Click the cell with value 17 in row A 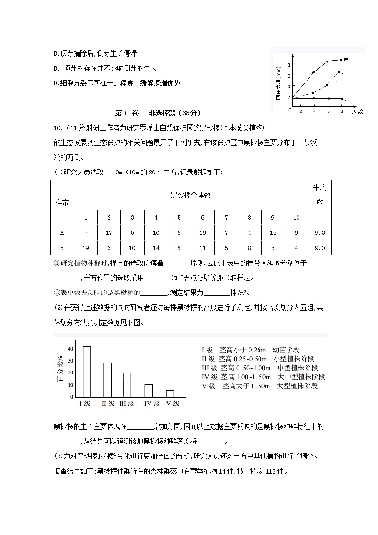(x=109, y=233)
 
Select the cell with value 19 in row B (x=86, y=248)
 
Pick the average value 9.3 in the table (x=320, y=233)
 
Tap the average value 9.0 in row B (x=320, y=248)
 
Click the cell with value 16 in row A (x=203, y=233)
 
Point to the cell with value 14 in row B (x=156, y=248)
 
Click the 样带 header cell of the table (x=62, y=202)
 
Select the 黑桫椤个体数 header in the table (x=190, y=194)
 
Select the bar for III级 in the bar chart (x=127, y=384)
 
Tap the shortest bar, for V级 (x=170, y=394)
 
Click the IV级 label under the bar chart (x=152, y=404)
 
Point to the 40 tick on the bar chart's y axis (x=70, y=349)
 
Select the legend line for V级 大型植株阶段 (x=259, y=386)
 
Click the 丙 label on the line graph (x=346, y=99)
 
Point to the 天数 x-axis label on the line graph (x=358, y=111)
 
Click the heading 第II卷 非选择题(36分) (x=159, y=113)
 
